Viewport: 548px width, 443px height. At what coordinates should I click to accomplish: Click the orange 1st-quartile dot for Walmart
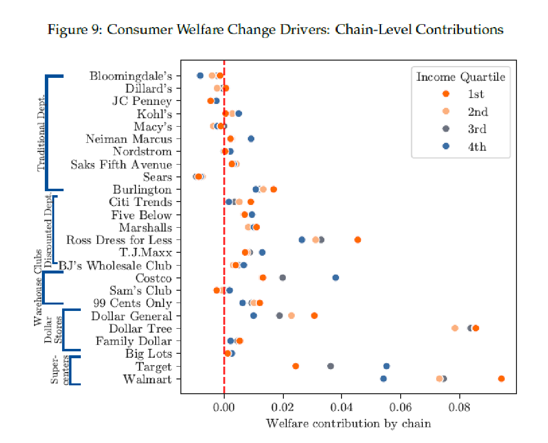point(501,378)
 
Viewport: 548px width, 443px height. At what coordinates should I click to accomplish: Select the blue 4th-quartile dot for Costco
point(336,277)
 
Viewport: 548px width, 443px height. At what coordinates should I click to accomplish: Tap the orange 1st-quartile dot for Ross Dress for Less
point(357,240)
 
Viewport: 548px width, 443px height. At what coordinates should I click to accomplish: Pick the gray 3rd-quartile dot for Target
point(331,366)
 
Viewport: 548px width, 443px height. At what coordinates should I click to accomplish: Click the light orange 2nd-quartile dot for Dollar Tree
point(455,328)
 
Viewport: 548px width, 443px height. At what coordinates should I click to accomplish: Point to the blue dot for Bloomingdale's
point(200,75)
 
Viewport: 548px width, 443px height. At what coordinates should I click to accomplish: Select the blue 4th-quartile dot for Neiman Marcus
point(251,139)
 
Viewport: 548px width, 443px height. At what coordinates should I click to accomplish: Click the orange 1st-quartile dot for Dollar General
point(314,315)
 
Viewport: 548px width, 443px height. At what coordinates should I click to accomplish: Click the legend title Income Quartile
point(460,77)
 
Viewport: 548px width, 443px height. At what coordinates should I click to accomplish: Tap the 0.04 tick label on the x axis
point(342,408)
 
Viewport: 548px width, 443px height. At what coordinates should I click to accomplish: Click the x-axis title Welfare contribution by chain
point(348,423)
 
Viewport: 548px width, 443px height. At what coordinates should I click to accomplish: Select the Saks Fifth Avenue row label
point(121,165)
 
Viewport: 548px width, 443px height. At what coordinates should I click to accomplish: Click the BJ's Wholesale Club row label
point(115,266)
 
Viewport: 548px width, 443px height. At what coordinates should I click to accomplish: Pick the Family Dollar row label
point(134,341)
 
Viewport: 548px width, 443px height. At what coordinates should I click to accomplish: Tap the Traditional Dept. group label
point(41,132)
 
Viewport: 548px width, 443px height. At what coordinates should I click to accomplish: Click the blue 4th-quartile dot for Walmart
point(383,378)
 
